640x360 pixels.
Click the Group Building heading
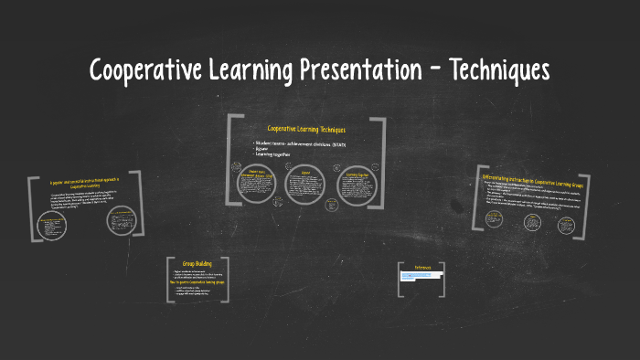click(197, 263)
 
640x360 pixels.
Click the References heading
click(423, 268)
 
